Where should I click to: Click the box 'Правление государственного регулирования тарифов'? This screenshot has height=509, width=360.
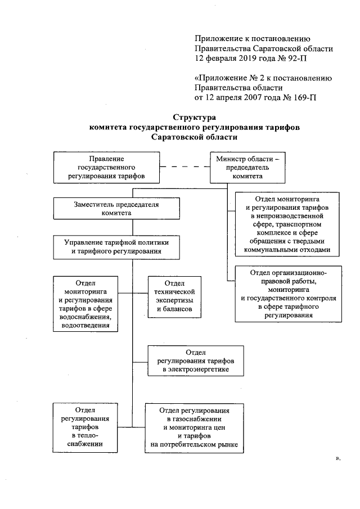click(x=106, y=168)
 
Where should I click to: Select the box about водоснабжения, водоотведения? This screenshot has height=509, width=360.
click(x=85, y=303)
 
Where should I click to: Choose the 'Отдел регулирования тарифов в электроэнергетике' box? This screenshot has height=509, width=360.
click(x=196, y=360)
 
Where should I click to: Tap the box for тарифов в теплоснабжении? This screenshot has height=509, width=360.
click(x=81, y=427)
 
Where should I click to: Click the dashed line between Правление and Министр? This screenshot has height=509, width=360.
click(x=184, y=167)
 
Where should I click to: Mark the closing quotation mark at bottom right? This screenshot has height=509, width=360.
click(x=337, y=460)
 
